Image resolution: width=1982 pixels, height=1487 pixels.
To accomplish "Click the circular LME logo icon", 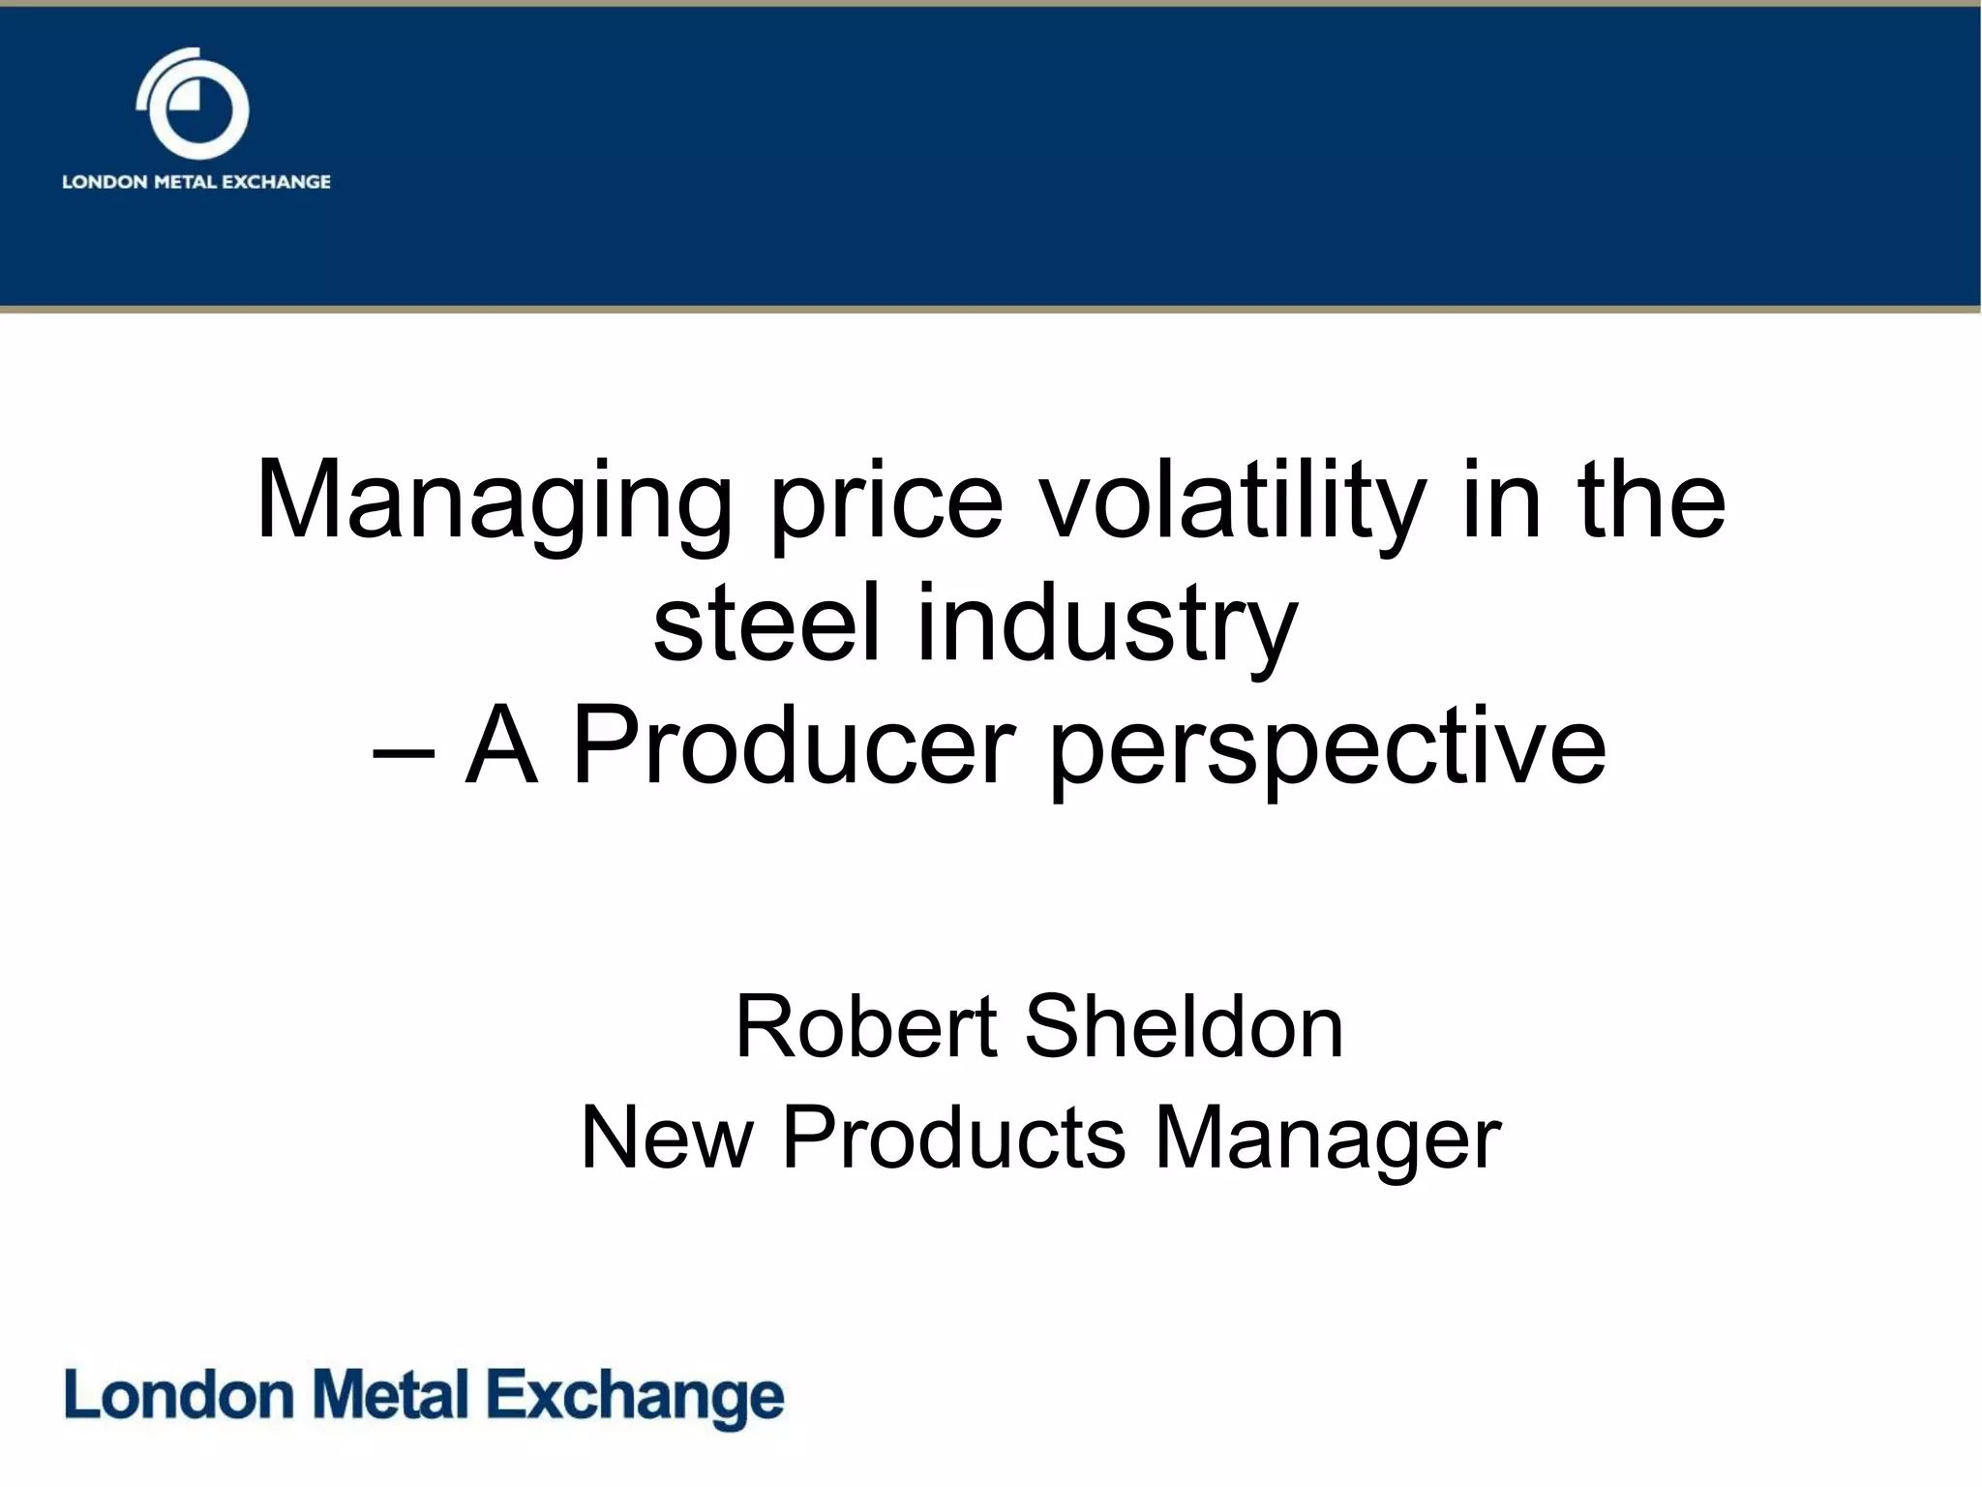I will pos(194,105).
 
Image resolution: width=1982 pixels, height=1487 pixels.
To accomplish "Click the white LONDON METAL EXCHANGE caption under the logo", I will pos(196,182).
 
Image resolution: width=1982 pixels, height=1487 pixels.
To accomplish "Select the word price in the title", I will pos(886,503).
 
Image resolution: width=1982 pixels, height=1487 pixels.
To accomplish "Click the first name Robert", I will pos(866,1027).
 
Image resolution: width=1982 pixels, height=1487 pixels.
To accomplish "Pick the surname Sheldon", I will pos(1184,1027).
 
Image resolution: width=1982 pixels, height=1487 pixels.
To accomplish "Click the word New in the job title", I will pos(667,1138).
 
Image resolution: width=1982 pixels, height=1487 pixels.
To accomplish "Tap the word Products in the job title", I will pos(954,1138).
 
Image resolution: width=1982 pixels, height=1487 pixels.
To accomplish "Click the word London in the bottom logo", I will pos(179,1395).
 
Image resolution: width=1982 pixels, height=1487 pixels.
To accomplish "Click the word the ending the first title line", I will pos(1652,503).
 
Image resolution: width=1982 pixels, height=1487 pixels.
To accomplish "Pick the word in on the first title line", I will pos(1501,503).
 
